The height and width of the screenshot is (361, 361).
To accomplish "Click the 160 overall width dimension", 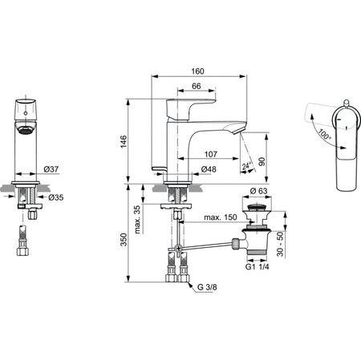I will coord(197,71).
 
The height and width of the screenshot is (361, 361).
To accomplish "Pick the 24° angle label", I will coord(249,166).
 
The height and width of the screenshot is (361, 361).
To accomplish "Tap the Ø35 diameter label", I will coord(56,197).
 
